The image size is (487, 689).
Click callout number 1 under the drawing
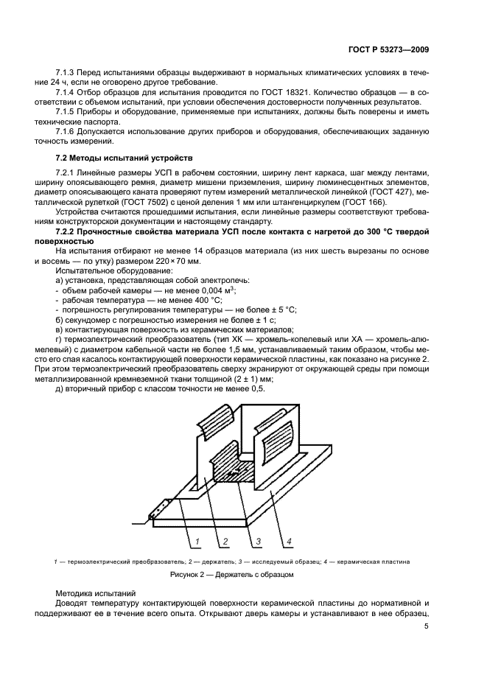coord(197,542)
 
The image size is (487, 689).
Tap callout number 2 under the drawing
coord(220,542)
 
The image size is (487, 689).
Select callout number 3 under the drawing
coord(259,542)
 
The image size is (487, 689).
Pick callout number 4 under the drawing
coord(290,542)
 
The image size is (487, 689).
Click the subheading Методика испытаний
coord(95,592)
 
